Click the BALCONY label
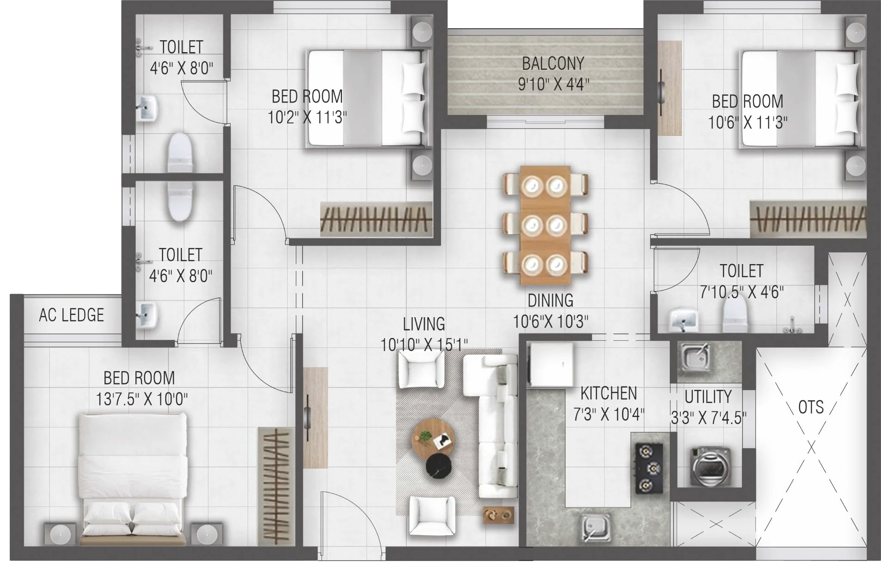coord(553,63)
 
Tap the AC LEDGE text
coord(72,315)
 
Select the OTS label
coord(811,407)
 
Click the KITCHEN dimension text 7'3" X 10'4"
coord(609,415)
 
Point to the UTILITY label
coord(708,397)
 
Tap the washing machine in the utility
coord(709,466)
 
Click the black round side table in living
coord(440,467)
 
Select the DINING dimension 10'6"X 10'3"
coord(551,321)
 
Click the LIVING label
coord(424,324)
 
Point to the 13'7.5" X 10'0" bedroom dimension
coord(141,398)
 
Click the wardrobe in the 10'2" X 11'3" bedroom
coord(377,219)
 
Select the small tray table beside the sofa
coord(498,515)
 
